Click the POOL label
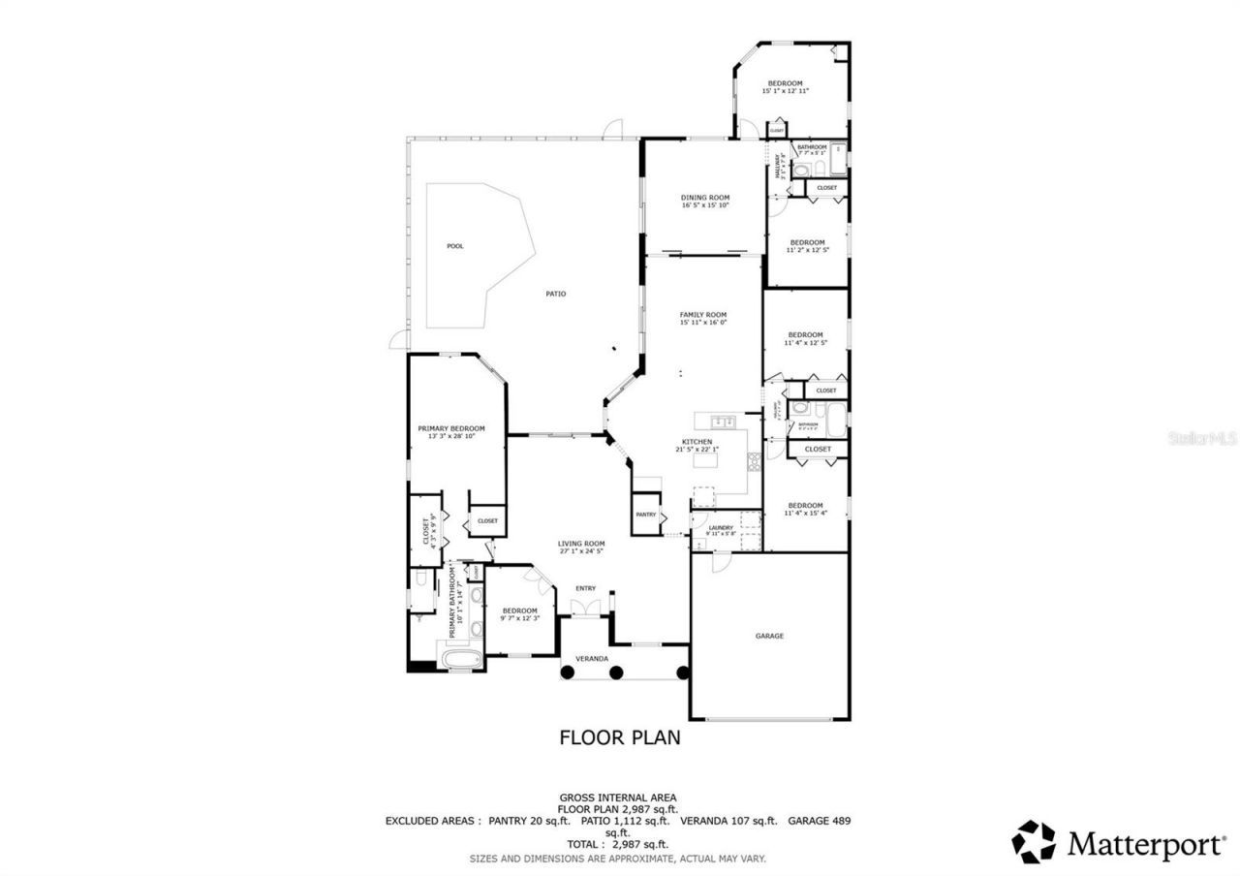454,246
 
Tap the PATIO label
555,294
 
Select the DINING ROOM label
705,197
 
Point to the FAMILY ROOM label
702,314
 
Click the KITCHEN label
697,441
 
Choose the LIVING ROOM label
581,544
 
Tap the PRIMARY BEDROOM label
451,428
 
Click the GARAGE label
769,636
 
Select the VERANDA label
592,658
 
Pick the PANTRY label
646,515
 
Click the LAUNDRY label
721,527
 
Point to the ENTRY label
586,588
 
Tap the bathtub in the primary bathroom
461,660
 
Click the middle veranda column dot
616,672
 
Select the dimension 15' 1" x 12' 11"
785,91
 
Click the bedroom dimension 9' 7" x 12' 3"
519,618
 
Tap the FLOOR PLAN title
620,737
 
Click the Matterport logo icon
1035,841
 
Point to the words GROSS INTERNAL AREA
617,797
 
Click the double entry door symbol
584,608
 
